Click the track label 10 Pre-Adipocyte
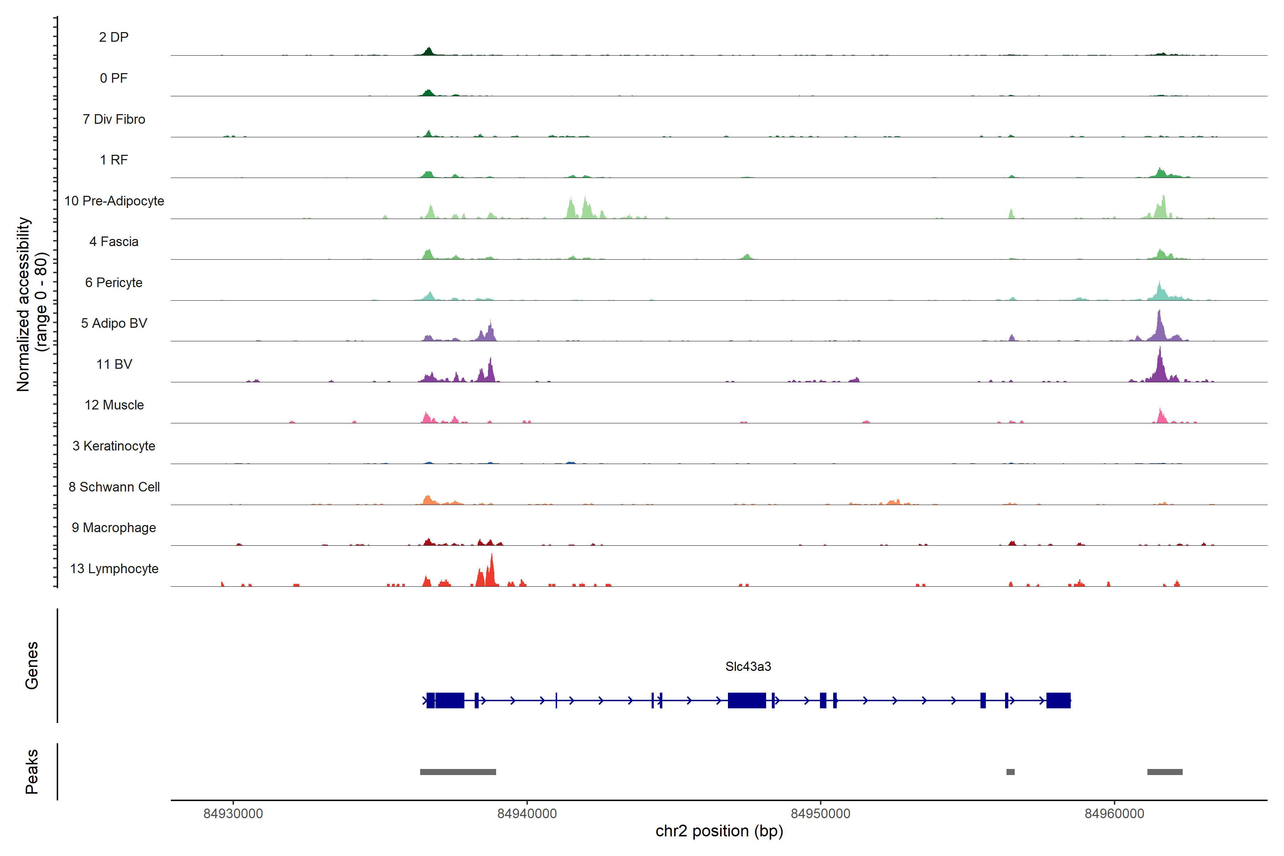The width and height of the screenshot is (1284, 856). coord(114,201)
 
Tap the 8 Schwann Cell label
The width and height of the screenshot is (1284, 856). coord(114,487)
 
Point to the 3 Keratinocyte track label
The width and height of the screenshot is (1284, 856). coord(114,446)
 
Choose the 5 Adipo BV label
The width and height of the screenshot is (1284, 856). coord(114,323)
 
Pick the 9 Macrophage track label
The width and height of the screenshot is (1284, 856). coord(114,528)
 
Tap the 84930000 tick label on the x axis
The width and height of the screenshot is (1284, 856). coord(233,814)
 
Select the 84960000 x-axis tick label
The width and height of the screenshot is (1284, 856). coord(1114,814)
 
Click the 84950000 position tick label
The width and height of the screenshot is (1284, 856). coord(821,814)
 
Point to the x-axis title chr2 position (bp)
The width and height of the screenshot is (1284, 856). coord(719,831)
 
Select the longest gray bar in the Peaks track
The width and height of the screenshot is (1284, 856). coord(458,772)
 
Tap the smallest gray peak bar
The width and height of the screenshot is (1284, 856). coord(1010,772)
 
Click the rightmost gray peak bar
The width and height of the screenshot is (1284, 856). coord(1165,772)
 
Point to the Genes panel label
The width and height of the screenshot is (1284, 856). coord(32,666)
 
